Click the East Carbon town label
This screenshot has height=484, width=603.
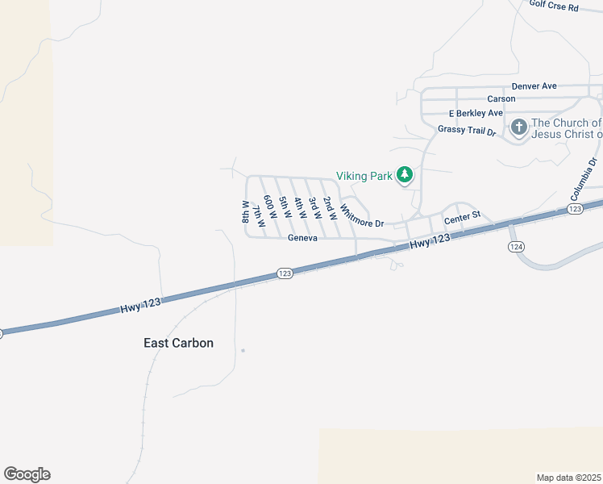178,343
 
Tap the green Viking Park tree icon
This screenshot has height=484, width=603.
405,175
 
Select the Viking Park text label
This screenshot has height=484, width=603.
364,175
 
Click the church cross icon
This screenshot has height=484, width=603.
518,127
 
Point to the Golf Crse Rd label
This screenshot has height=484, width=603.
554,6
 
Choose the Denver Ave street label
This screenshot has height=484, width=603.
534,86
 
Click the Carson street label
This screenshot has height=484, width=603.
501,98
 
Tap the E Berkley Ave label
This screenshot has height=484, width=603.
476,114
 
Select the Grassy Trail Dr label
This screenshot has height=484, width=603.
466,129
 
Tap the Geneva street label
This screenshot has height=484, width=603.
303,238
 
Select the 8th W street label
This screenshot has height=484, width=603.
245,212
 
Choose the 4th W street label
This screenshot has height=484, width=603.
299,207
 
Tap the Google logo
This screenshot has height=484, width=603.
27,474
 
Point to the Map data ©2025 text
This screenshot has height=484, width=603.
568,477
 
